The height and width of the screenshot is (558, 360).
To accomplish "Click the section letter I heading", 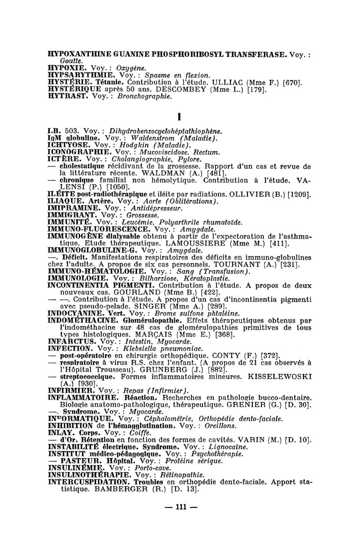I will pos(180,116).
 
